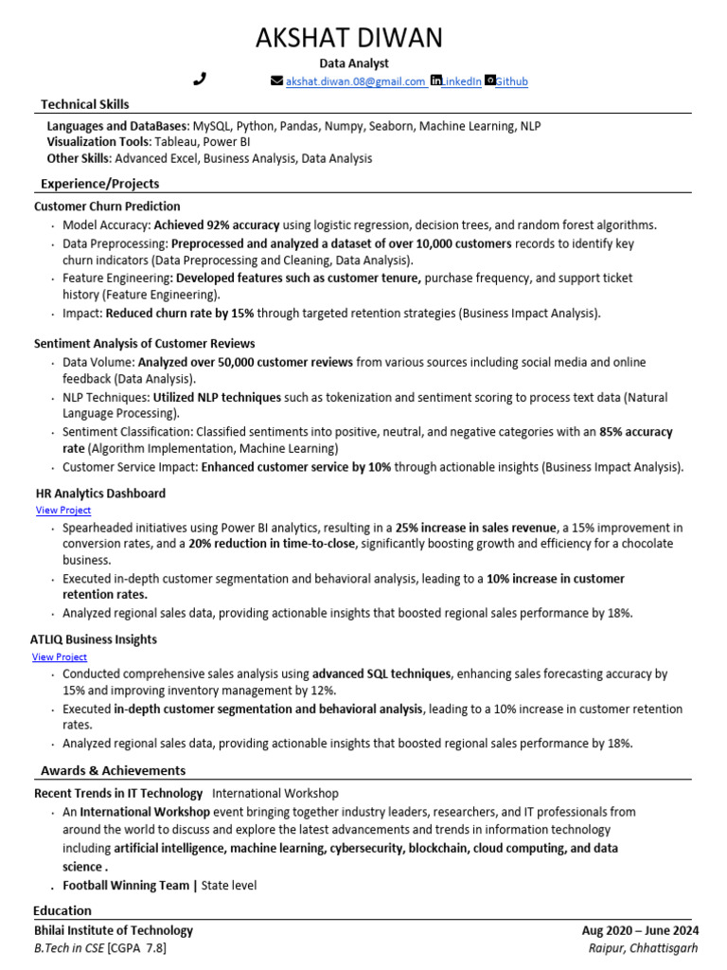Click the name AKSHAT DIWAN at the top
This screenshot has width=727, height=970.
[348, 38]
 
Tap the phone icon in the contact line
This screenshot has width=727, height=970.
[200, 80]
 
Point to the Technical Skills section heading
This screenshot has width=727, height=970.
[85, 104]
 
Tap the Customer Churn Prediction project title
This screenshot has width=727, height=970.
[107, 206]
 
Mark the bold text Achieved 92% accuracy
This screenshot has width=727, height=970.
[217, 225]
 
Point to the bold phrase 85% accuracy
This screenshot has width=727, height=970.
[635, 431]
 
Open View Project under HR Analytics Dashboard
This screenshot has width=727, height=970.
[62, 510]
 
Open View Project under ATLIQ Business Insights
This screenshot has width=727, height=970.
[59, 656]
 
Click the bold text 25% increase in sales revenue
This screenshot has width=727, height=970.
[476, 528]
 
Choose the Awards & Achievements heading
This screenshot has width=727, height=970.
[113, 770]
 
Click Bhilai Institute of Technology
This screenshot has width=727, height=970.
[114, 930]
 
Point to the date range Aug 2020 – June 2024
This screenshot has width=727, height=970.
[640, 930]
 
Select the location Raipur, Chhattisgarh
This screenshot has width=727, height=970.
[643, 947]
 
